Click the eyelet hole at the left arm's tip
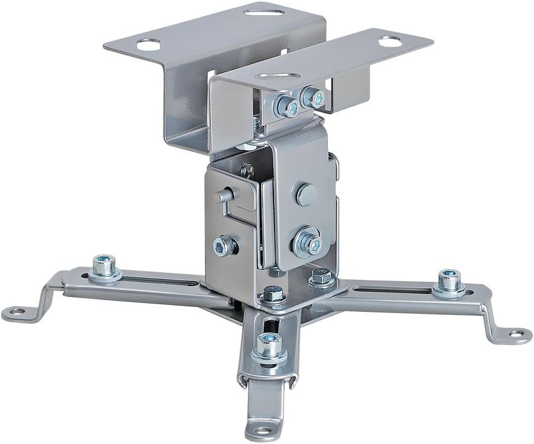(x=18, y=312)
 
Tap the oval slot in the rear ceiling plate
(x=264, y=10)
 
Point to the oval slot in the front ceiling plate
(x=279, y=75)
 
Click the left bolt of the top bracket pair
(x=287, y=105)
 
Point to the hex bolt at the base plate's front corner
(x=272, y=295)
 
